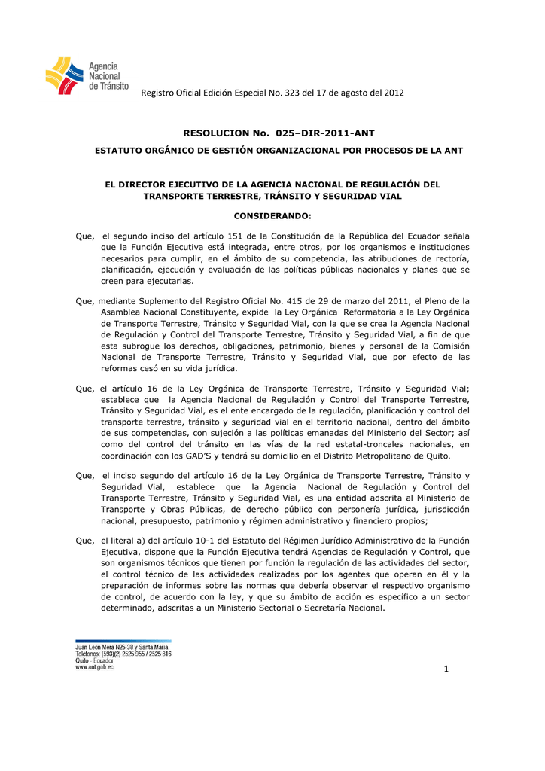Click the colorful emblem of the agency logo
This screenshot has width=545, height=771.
click(x=65, y=75)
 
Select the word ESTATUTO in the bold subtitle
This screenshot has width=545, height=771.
click(x=117, y=151)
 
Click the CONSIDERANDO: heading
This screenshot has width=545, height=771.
click(x=272, y=216)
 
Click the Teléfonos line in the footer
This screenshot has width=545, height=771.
click(x=123, y=654)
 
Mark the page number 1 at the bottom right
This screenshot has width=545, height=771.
click(x=446, y=671)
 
